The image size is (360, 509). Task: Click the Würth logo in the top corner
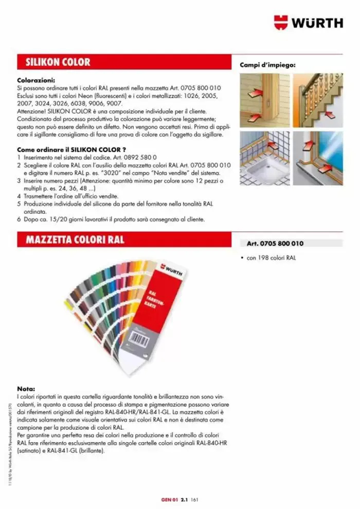(308, 22)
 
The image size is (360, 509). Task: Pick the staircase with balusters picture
(317, 100)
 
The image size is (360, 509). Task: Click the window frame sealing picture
(317, 157)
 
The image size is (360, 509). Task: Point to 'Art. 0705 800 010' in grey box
(275, 243)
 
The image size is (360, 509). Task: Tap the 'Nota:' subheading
(26, 389)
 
